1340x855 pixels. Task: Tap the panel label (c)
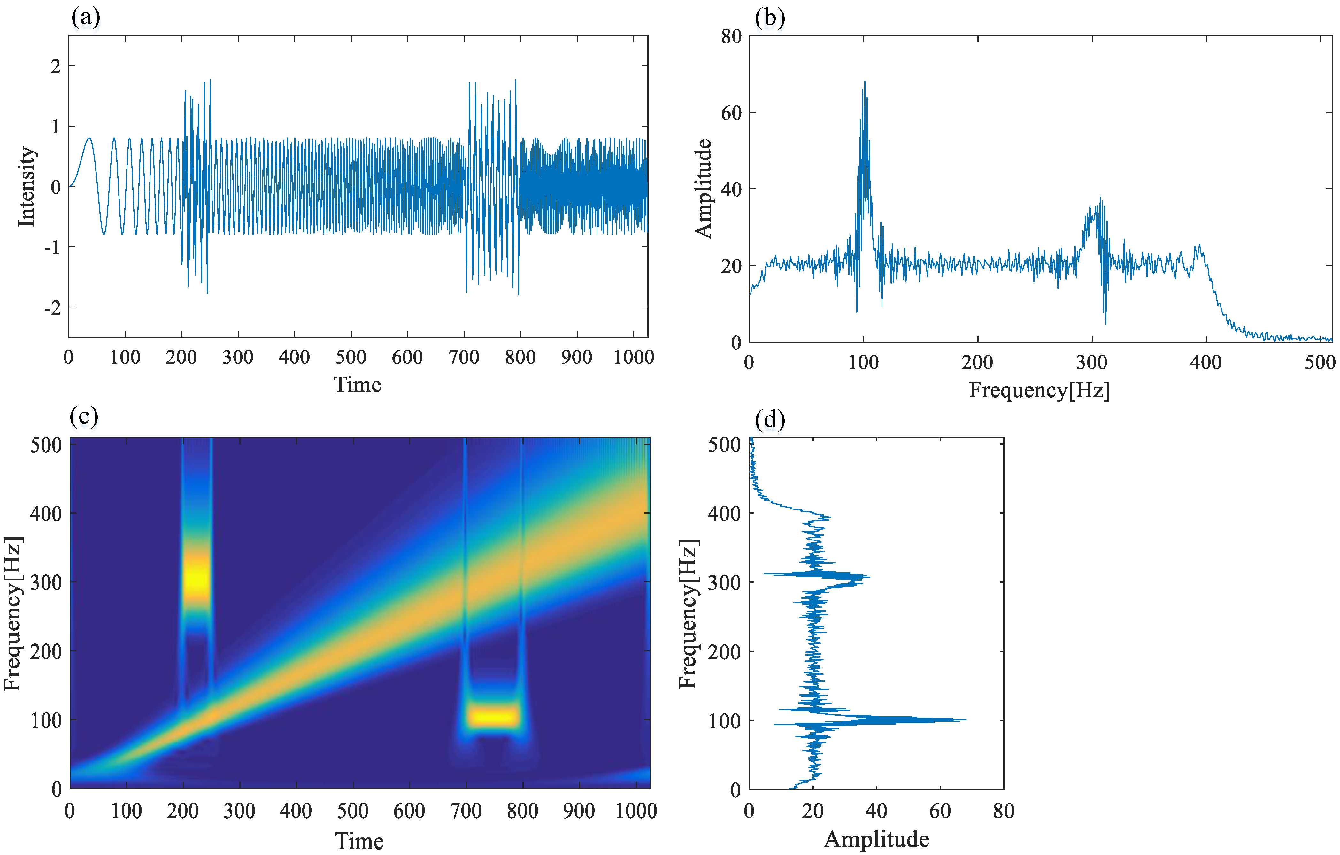coord(84,416)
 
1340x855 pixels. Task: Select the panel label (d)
coord(770,419)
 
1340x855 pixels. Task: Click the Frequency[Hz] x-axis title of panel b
coord(1039,390)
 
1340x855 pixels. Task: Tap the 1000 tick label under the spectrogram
coord(635,811)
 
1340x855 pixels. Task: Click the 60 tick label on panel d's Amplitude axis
coord(940,811)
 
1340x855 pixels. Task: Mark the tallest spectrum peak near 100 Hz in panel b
coord(864,82)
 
